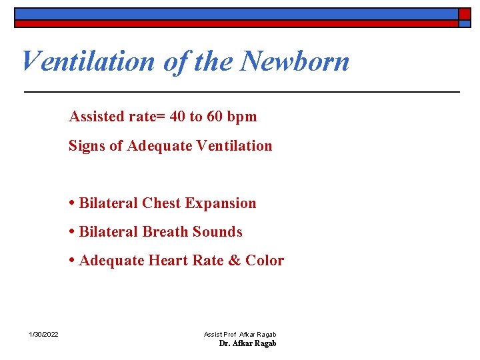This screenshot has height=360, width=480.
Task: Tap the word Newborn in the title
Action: (295, 61)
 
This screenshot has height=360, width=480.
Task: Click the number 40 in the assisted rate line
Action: (178, 117)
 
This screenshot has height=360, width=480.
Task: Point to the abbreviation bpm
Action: (241, 117)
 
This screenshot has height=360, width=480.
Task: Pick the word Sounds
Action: (217, 232)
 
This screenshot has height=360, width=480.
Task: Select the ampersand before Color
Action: (234, 261)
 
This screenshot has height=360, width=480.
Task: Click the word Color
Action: (265, 261)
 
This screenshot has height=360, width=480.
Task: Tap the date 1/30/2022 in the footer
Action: (43, 334)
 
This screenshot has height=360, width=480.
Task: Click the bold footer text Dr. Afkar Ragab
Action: (247, 343)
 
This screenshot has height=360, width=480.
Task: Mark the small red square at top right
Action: (464, 13)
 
